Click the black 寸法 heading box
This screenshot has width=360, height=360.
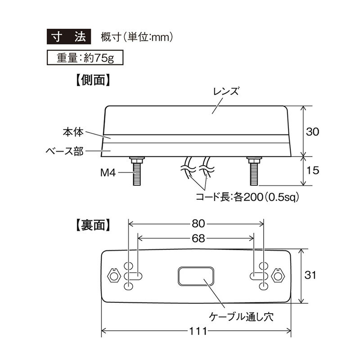[69, 36]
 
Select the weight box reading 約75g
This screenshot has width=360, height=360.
[85, 58]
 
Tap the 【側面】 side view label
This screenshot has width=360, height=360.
[93, 80]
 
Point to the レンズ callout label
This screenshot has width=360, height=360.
[226, 91]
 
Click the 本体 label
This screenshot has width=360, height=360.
[73, 132]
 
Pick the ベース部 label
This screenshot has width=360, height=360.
[64, 151]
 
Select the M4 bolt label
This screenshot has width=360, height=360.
[108, 173]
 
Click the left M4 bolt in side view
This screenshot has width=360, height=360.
[137, 171]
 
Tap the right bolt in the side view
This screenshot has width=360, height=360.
[254, 171]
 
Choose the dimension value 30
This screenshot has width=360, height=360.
[312, 132]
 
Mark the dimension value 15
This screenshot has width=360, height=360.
[313, 171]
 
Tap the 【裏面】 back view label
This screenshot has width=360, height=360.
[93, 225]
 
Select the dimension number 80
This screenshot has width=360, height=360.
[198, 223]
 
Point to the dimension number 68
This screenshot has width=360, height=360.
[198, 238]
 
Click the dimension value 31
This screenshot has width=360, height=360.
[310, 275]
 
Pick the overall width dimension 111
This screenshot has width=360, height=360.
[198, 331]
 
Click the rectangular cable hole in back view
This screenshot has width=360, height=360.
[196, 276]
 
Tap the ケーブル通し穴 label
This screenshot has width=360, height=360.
[241, 317]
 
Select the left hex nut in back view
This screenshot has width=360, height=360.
[114, 276]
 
